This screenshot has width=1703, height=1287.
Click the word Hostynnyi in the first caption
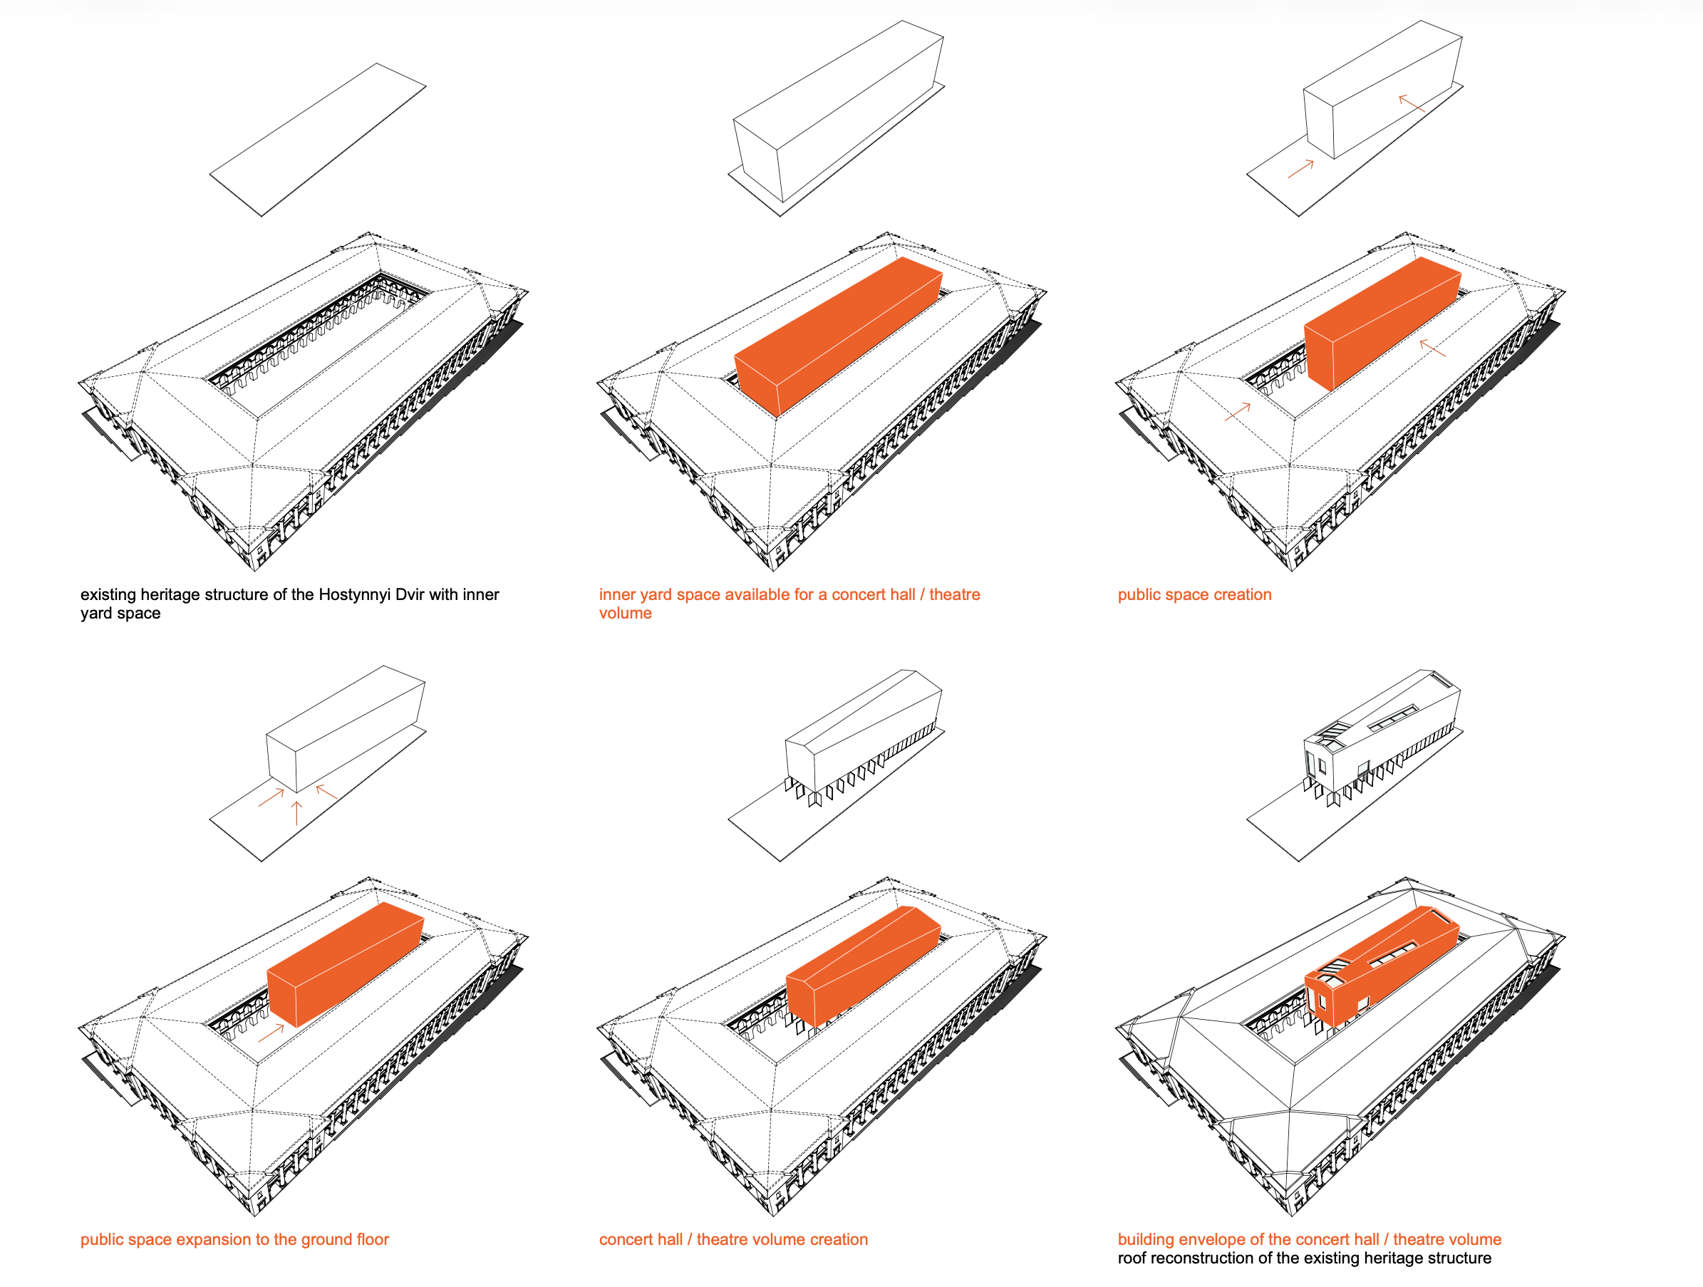[x=354, y=594]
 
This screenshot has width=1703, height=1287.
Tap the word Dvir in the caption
[x=410, y=594]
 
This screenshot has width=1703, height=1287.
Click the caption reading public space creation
[x=1194, y=594]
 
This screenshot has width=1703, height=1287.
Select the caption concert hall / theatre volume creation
[x=733, y=1239]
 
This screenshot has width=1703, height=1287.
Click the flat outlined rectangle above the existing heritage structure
[x=318, y=140]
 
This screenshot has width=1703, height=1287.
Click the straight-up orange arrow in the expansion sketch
[x=297, y=813]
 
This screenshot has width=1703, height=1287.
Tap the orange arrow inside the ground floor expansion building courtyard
[x=271, y=1033]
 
